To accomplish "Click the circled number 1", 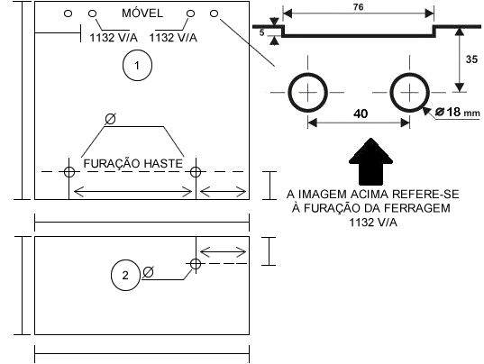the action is [137, 66].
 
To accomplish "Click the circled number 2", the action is [125, 275].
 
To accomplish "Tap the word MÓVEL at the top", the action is [142, 14].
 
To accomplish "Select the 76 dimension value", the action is [358, 7].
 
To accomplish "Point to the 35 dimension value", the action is [471, 59].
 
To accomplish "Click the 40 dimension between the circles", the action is [361, 114].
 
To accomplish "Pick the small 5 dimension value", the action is [261, 32].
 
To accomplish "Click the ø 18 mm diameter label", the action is [458, 112].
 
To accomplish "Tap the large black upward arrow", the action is [370, 161].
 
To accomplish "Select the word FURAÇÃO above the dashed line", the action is [112, 163].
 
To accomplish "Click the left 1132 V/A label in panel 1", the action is [114, 38].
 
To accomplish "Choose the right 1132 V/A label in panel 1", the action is [173, 38].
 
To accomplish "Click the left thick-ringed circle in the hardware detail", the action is [288, 92].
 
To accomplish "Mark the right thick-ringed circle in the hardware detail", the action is [390, 92].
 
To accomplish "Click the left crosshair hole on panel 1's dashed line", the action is [69, 172].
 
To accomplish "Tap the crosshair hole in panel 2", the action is [196, 264].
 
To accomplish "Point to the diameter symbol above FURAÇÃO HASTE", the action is [110, 119].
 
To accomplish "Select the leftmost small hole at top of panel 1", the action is [68, 14].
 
